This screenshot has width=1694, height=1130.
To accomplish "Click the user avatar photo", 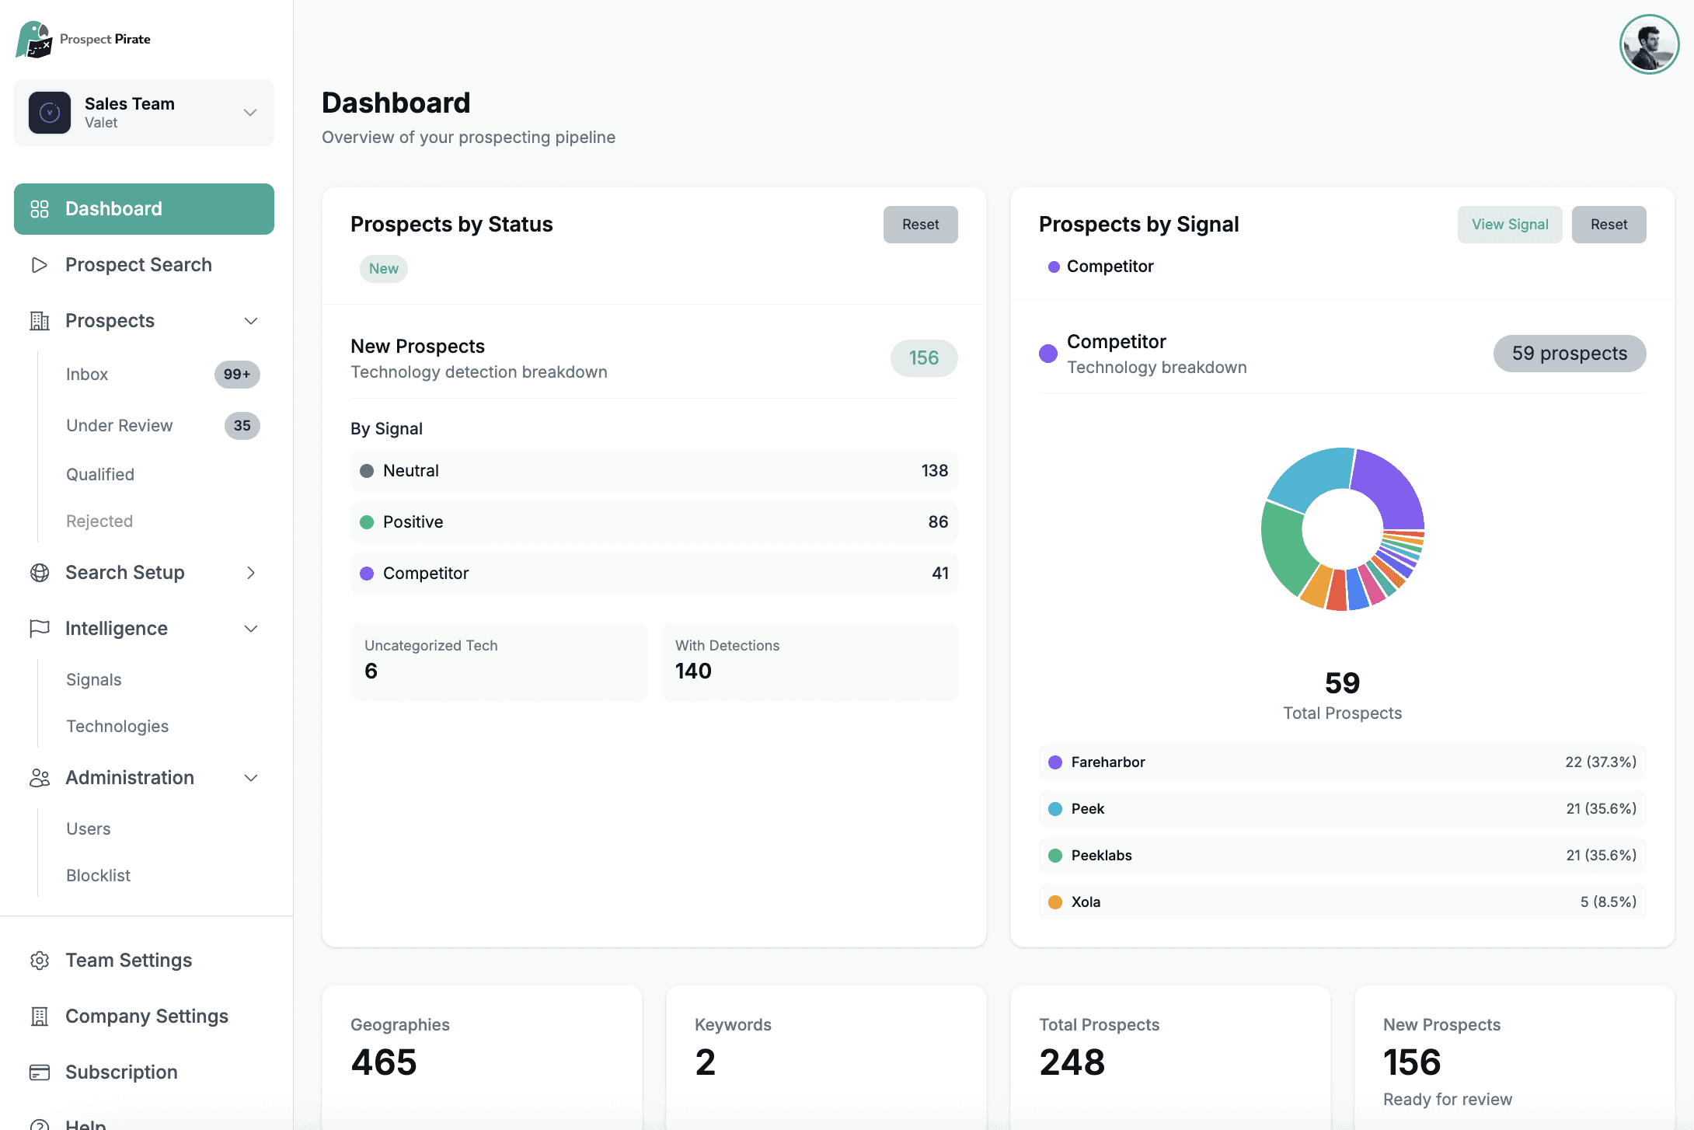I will [x=1649, y=44].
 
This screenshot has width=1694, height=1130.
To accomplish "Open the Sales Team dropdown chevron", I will [x=250, y=113].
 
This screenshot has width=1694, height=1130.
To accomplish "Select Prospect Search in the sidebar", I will [x=138, y=265].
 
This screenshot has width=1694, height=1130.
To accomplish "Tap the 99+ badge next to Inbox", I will [x=237, y=375].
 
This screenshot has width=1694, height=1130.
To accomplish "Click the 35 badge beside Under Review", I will [x=242, y=426].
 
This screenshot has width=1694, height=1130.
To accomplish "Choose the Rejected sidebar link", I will [x=99, y=521].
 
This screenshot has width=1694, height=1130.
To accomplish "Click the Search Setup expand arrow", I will [x=251, y=573].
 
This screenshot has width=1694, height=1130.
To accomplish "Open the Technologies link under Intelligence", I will [x=117, y=727].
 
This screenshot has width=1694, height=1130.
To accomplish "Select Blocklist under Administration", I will [x=99, y=876].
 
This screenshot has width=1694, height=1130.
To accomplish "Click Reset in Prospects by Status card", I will [x=920, y=225].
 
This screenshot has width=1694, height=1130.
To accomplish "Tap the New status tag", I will [x=384, y=269].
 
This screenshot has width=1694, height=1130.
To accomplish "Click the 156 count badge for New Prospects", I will [x=923, y=358].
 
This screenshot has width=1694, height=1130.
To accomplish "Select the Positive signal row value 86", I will [x=938, y=522].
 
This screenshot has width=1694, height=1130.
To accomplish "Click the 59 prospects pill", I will [x=1569, y=354].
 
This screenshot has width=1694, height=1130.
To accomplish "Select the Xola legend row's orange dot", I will [x=1055, y=902].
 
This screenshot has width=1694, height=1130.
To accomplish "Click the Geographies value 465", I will [x=384, y=1062].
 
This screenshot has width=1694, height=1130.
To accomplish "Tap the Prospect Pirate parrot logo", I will [x=33, y=40].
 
